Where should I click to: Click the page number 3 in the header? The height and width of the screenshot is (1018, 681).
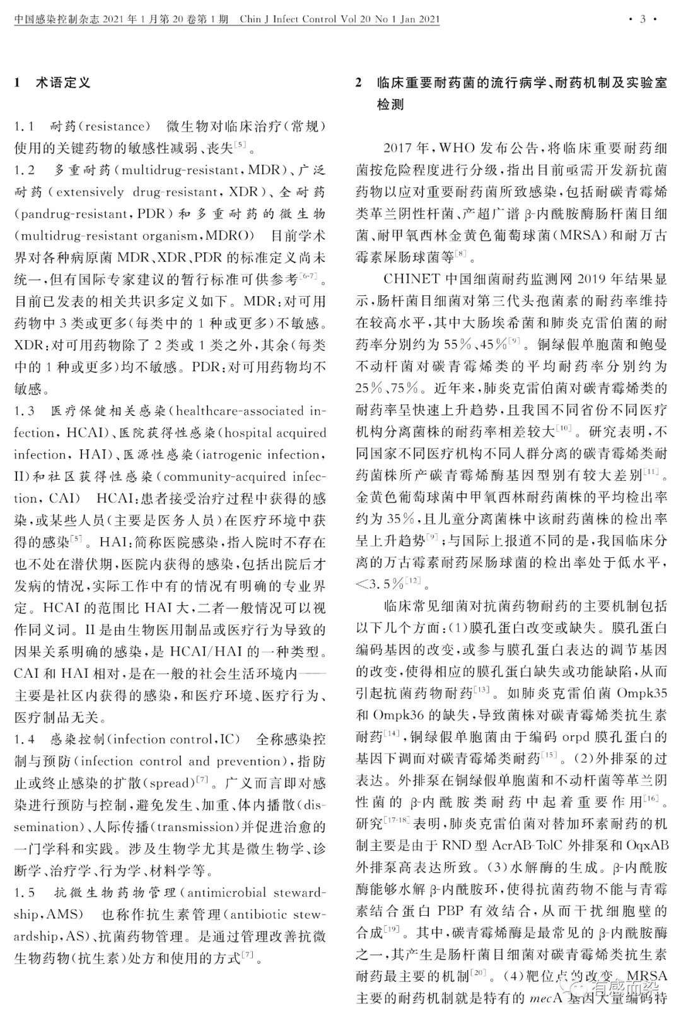[643, 19]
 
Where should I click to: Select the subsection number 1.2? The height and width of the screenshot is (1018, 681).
[25, 170]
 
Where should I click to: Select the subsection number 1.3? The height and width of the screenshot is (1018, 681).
[25, 411]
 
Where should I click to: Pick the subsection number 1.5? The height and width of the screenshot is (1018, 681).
[25, 892]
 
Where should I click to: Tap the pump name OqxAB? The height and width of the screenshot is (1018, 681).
[644, 845]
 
